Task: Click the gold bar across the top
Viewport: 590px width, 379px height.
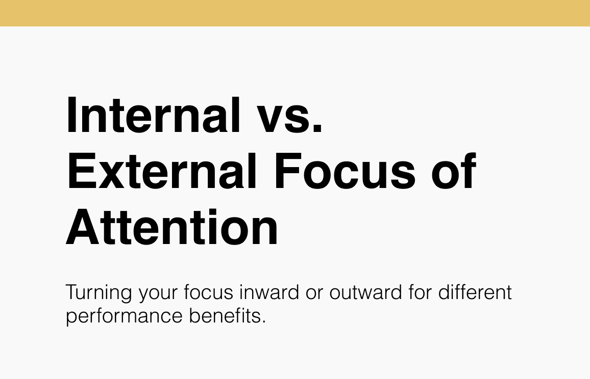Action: (295, 13)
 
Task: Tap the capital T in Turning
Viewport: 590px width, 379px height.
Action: (71, 293)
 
